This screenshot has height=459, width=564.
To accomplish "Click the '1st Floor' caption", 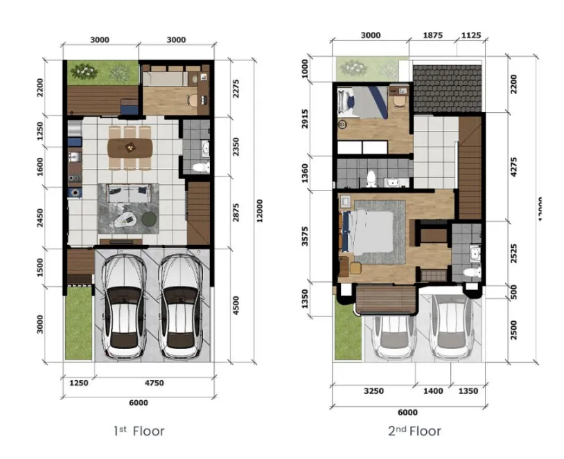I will [139, 431].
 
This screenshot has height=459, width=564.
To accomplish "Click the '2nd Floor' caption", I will [414, 431].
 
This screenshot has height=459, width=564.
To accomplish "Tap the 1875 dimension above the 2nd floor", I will [432, 36].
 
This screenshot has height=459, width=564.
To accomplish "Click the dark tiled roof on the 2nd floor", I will [447, 89].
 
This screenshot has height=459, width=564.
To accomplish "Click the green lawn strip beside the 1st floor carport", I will [78, 323].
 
